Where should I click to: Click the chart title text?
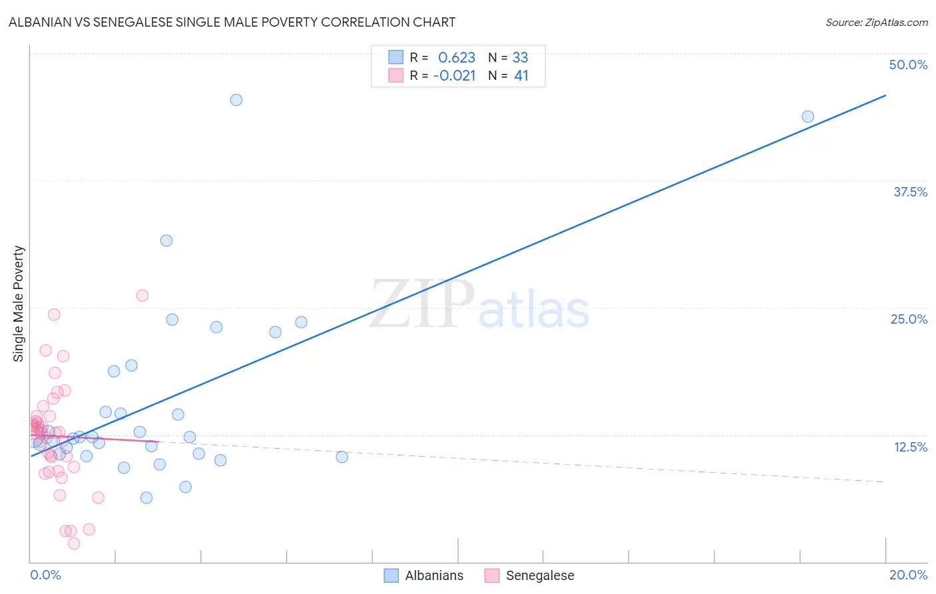click(232, 22)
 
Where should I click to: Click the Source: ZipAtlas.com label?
click(876, 22)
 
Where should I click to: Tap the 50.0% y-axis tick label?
click(908, 65)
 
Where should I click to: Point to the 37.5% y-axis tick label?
click(910, 192)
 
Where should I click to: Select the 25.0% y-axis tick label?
click(909, 319)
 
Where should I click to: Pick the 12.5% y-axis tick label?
click(910, 447)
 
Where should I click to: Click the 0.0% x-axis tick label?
click(45, 575)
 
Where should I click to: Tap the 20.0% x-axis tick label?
click(908, 575)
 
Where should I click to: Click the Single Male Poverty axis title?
click(19, 304)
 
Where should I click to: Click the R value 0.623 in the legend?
click(457, 57)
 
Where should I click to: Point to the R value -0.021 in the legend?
click(454, 76)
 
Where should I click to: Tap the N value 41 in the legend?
click(521, 76)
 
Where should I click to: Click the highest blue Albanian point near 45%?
click(236, 100)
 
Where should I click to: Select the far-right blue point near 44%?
click(808, 117)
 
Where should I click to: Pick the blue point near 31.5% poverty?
click(166, 240)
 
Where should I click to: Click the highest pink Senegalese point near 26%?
click(142, 296)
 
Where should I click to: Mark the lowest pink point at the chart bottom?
click(74, 543)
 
